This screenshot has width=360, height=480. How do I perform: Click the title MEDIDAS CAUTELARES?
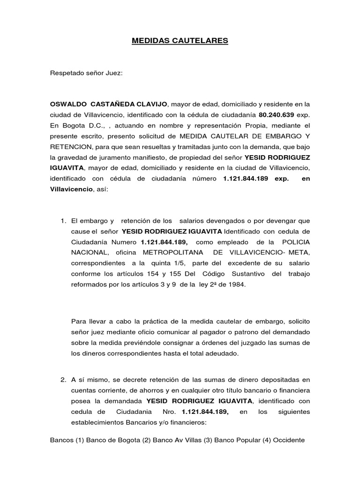click(180, 41)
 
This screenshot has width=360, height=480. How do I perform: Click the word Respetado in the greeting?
click(66, 74)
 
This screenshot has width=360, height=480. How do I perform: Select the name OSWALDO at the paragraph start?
click(69, 104)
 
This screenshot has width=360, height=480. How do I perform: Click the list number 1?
click(63, 220)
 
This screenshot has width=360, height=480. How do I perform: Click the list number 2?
click(63, 380)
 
